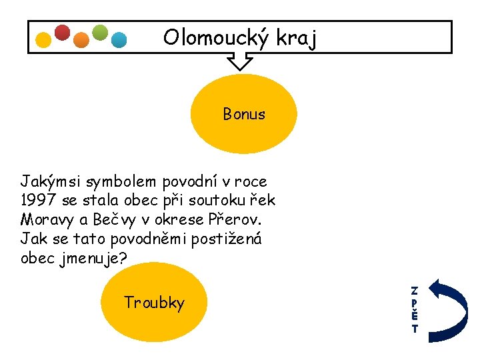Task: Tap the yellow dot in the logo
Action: pyautogui.click(x=43, y=40)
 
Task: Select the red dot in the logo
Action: pyautogui.click(x=62, y=33)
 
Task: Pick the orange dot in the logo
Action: pyautogui.click(x=81, y=40)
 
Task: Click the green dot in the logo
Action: pyautogui.click(x=99, y=33)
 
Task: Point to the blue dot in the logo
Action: pyautogui.click(x=119, y=40)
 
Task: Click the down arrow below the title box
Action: pyautogui.click(x=240, y=61)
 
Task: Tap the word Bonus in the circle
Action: pyautogui.click(x=244, y=114)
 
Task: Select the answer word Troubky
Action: pyautogui.click(x=154, y=303)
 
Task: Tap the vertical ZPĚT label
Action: pyautogui.click(x=415, y=309)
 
